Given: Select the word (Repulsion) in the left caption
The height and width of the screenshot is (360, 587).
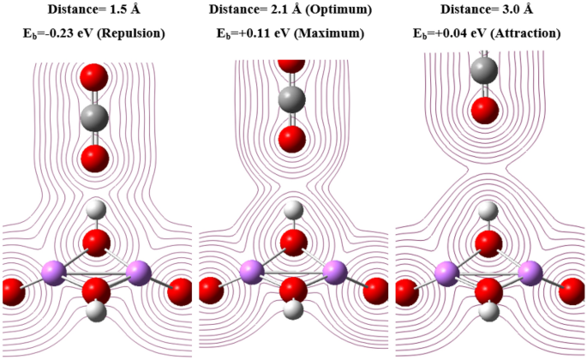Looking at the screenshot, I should pyautogui.click(x=137, y=34).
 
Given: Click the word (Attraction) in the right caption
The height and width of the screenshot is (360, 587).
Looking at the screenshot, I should pyautogui.click(x=526, y=34).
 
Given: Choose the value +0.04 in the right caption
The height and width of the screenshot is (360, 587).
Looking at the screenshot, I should pyautogui.click(x=470, y=34).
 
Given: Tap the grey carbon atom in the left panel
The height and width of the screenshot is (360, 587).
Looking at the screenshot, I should pyautogui.click(x=94, y=117).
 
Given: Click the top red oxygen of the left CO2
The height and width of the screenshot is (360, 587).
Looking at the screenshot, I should pyautogui.click(x=94, y=78).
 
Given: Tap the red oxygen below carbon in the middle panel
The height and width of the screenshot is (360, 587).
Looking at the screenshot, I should pyautogui.click(x=291, y=138).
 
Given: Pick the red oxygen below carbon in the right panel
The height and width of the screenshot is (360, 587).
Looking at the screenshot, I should pyautogui.click(x=486, y=110).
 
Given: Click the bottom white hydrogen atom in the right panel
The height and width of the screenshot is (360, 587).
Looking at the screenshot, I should pyautogui.click(x=488, y=309).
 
